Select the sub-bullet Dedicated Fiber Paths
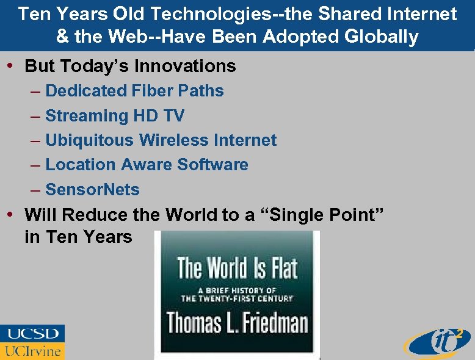click(134, 91)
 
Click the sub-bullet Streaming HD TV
click(115, 115)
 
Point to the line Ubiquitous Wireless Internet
click(161, 140)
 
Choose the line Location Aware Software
click(147, 165)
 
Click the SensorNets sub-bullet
click(92, 190)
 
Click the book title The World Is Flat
click(237, 268)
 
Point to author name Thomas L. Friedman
click(237, 322)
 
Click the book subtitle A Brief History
click(237, 294)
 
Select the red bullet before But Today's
click(11, 65)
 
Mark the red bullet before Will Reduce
click(11, 214)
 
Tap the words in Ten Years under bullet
click(78, 237)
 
